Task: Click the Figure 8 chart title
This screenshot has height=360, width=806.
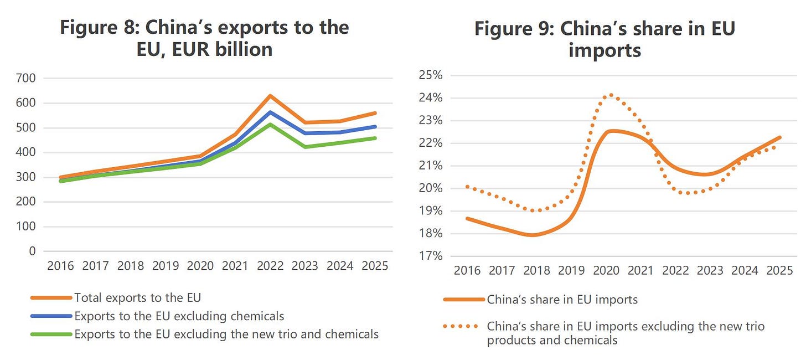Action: pyautogui.click(x=204, y=38)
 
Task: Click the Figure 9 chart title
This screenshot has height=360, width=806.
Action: pyautogui.click(x=605, y=39)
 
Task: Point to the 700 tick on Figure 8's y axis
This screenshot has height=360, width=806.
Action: pyautogui.click(x=26, y=78)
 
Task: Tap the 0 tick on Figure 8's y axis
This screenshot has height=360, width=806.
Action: pyautogui.click(x=32, y=251)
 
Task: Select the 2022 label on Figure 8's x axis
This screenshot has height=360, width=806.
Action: pyautogui.click(x=270, y=266)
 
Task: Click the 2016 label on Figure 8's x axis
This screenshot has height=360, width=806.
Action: pyautogui.click(x=60, y=266)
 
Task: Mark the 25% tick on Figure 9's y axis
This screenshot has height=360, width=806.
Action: pyautogui.click(x=431, y=75)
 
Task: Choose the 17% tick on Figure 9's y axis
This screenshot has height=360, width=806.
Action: pyautogui.click(x=431, y=256)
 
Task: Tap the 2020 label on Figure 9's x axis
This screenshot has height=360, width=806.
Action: pyautogui.click(x=606, y=270)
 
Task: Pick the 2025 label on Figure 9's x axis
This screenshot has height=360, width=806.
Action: pyautogui.click(x=780, y=270)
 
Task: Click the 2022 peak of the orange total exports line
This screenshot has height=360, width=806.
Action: pyautogui.click(x=270, y=96)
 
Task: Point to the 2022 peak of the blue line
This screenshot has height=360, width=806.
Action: pyautogui.click(x=270, y=112)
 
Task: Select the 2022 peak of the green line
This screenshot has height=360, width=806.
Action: pyautogui.click(x=270, y=125)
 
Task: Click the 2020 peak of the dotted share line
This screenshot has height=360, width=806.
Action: pyautogui.click(x=611, y=95)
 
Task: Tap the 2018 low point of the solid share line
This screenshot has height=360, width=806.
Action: pyautogui.click(x=533, y=235)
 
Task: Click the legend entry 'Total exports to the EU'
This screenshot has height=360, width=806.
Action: pyautogui.click(x=137, y=298)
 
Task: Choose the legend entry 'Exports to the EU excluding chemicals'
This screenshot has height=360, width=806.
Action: pyautogui.click(x=179, y=316)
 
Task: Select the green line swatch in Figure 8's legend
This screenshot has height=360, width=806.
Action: pyautogui.click(x=51, y=334)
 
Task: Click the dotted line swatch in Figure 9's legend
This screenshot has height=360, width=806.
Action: pyautogui.click(x=461, y=326)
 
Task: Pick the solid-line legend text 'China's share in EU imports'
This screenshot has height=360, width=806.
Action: pyautogui.click(x=562, y=300)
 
